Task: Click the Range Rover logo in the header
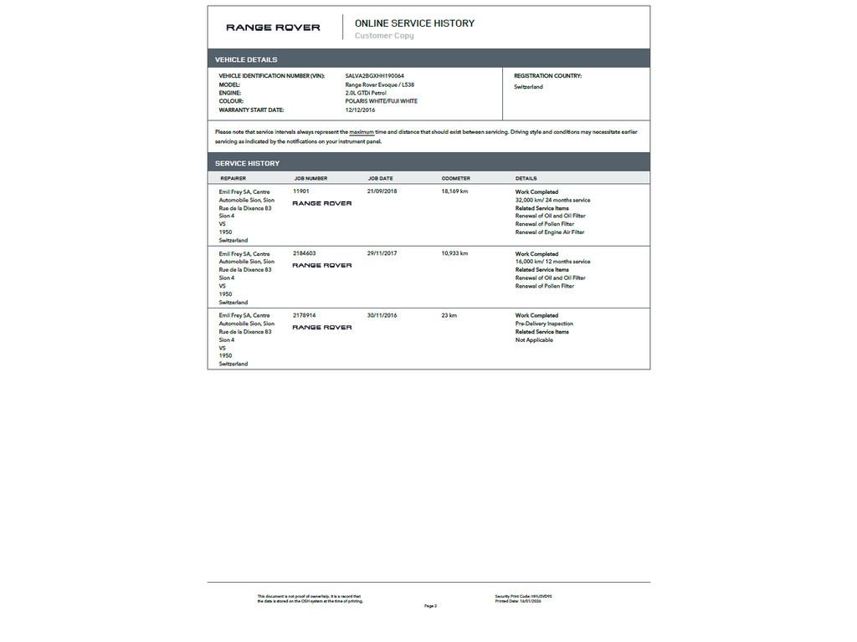coord(273,28)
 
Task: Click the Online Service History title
coord(414,23)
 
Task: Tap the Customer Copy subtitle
coord(384,36)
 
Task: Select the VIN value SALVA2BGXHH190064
coord(374,76)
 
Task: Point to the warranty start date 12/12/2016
coord(360,110)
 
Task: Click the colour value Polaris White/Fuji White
coord(381,101)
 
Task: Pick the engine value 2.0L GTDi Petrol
coord(366,93)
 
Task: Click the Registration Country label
coord(547,76)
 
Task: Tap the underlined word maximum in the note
coord(362,132)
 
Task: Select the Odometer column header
coord(456,178)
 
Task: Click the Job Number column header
coord(310,178)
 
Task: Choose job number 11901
coord(301,191)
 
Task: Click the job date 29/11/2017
coord(382,253)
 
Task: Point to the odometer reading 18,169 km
coord(454,191)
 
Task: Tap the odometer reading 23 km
coord(449,315)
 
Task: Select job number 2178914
coord(305,315)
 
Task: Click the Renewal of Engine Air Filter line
coord(550,232)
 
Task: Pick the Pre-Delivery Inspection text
coord(544,324)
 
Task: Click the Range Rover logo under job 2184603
coord(322,266)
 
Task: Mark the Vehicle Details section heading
coord(246,59)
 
